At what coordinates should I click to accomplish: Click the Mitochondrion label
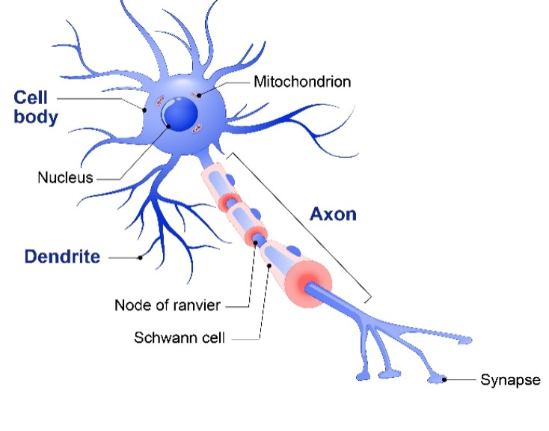tap(301, 81)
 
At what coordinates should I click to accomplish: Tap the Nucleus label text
tap(65, 178)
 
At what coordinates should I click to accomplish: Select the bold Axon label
tap(333, 214)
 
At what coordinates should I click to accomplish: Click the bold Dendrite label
tap(62, 257)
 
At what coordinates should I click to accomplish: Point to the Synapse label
tap(510, 380)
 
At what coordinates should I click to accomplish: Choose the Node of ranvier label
tap(168, 305)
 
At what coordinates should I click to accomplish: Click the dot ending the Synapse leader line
tap(445, 380)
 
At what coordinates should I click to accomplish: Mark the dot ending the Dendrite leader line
tap(140, 257)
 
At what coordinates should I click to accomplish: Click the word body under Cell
tap(35, 117)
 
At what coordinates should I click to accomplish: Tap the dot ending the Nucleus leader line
tap(169, 126)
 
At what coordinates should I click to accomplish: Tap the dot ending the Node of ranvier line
tap(254, 243)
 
